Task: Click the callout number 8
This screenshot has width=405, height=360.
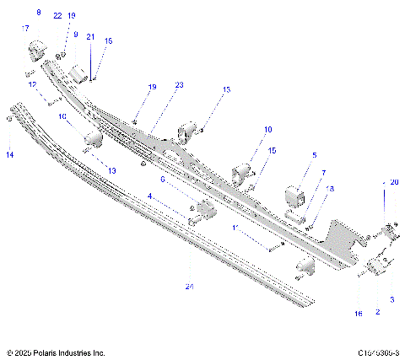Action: click(38, 13)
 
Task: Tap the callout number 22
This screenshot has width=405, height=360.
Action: click(57, 16)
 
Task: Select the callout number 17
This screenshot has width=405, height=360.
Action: click(24, 29)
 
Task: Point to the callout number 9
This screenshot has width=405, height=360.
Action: click(75, 35)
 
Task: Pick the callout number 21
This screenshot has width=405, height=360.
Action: click(91, 36)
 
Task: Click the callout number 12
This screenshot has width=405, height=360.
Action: click(32, 84)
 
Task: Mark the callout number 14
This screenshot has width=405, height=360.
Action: click(10, 155)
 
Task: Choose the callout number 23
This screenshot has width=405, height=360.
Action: click(179, 84)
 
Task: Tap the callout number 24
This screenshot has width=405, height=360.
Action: click(189, 287)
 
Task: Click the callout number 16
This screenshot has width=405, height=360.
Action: click(358, 313)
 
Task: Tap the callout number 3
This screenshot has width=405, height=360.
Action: click(391, 299)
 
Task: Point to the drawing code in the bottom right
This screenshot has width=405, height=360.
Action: click(379, 352)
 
